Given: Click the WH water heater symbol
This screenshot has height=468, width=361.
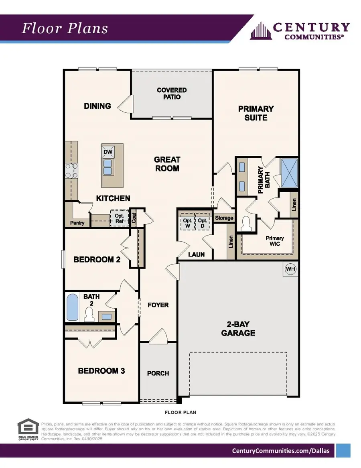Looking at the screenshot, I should point(290,269).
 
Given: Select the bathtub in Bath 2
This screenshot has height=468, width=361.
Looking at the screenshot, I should point(73,307).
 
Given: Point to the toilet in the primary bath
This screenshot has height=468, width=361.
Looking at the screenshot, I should point(245,224).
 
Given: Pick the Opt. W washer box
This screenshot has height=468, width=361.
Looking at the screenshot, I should point(187,224).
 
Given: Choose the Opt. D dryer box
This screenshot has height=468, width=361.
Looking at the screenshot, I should point(203,224).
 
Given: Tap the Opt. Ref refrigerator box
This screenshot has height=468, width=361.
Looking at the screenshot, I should point(119,218).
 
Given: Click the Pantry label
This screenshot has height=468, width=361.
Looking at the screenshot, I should point(77,223).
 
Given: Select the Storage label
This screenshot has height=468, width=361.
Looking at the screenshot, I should point(224,218).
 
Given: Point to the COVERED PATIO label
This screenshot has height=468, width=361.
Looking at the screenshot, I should point(172,94).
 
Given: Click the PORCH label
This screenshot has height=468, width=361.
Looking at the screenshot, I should point(158,373).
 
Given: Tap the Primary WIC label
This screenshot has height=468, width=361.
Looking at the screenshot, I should point(275,241).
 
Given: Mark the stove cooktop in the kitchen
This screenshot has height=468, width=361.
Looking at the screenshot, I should point(71,170).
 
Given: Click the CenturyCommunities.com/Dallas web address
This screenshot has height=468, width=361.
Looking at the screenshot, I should point(281,451).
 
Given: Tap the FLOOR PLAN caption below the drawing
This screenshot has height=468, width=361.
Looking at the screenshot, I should point(180,412).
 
